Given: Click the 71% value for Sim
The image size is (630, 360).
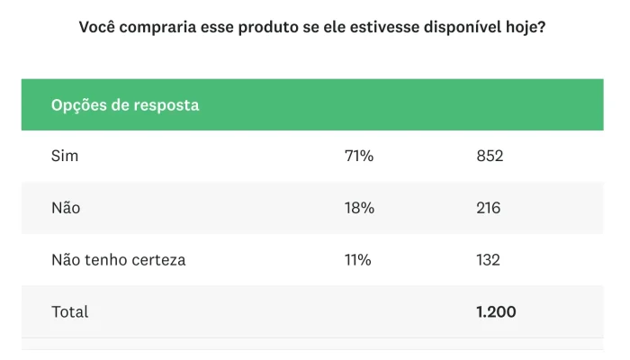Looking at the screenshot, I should (358, 156).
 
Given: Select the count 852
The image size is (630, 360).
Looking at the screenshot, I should (490, 156).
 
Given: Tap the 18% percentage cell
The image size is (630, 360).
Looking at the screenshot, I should (358, 208).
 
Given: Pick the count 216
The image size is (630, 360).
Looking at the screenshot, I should (489, 208).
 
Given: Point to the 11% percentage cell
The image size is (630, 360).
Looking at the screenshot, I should (357, 260).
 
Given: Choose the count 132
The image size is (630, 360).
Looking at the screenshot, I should (489, 260).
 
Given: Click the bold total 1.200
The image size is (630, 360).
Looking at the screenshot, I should (496, 312).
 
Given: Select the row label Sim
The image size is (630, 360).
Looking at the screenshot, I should (65, 156).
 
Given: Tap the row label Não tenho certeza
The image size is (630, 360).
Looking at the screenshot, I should (118, 260).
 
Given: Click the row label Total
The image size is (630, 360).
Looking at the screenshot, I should (70, 312).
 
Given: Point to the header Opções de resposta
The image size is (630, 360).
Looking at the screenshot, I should (125, 104).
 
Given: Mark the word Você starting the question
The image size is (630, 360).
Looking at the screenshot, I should (100, 27).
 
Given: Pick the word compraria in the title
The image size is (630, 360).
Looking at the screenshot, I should (163, 27).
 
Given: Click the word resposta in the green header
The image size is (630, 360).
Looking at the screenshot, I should (166, 104).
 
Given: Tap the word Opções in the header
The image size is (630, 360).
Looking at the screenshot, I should (77, 104).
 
